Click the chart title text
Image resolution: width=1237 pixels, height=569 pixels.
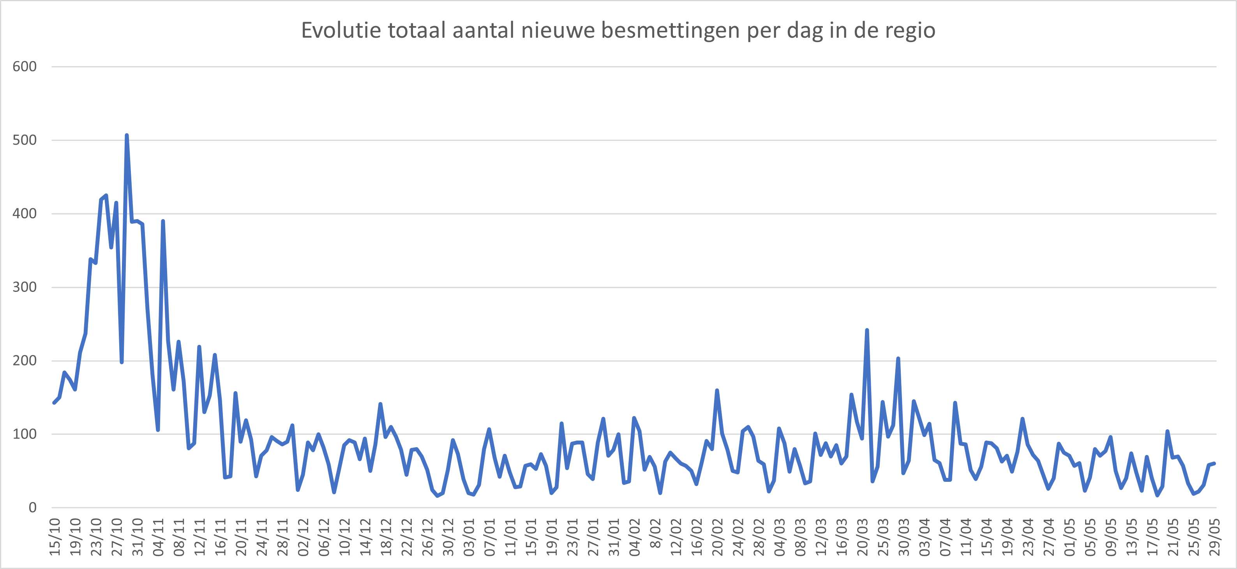(618, 30)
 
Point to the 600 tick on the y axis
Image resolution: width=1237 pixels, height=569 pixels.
(25, 67)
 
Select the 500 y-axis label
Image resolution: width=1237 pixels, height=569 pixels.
(25, 140)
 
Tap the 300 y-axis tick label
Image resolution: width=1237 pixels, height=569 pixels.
(25, 287)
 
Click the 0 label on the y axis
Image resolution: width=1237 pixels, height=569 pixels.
(32, 507)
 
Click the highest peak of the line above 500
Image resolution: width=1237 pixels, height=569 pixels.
(126, 135)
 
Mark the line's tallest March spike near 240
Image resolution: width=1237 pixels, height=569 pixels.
(867, 330)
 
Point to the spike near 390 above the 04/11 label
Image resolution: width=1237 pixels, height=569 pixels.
(163, 221)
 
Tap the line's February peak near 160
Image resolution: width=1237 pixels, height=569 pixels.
(717, 390)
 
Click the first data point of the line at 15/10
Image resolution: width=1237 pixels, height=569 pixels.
(54, 403)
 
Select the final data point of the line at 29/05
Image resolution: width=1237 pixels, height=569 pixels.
(1214, 464)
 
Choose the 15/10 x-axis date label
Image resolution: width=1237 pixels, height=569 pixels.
(55, 537)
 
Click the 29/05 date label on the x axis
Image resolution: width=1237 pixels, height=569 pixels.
(1214, 537)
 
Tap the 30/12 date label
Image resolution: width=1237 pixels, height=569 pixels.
(448, 537)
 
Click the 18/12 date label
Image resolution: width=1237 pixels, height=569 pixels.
(386, 537)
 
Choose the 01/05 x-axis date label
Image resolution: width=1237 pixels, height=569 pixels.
(1069, 537)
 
